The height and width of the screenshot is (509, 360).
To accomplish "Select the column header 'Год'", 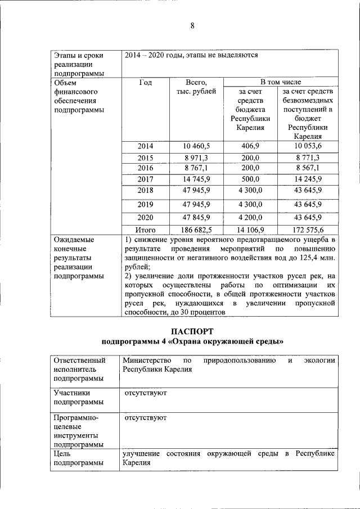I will point(145,82).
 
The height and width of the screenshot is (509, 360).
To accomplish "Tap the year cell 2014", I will point(145,146).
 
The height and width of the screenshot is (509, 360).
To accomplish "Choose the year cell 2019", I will point(145,204).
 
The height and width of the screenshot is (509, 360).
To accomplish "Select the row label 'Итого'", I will point(145,229).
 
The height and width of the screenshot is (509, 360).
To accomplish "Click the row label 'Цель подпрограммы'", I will point(79,458).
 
